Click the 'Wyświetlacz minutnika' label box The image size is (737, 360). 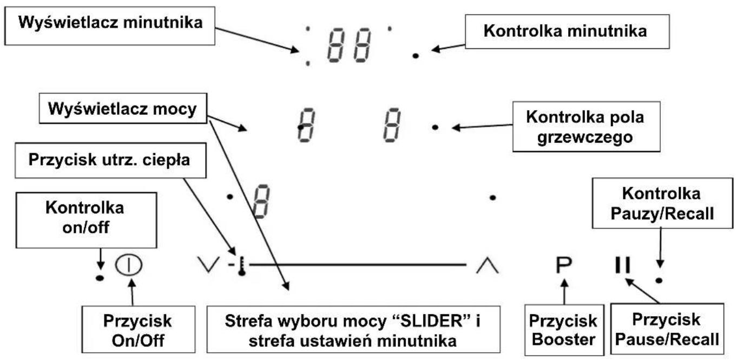110,25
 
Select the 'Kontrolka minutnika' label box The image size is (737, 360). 567,31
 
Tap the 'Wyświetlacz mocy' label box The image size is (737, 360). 123,109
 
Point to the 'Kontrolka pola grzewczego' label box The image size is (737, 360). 587,127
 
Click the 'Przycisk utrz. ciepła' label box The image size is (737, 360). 110,160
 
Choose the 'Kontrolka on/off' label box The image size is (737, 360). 86,220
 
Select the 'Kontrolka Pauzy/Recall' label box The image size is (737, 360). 662,203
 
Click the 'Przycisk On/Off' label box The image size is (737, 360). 138,329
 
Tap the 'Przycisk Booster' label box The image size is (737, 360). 564,330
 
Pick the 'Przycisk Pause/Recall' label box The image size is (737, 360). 667,329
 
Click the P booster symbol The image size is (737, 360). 564,265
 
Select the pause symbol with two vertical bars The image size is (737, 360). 622,265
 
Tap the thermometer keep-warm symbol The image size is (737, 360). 242,266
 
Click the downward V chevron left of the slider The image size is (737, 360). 208,265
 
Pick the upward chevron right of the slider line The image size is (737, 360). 488,266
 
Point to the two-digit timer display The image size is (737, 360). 349,45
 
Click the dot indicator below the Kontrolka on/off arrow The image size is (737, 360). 100,278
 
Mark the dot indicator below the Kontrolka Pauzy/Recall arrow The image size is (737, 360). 659,281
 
